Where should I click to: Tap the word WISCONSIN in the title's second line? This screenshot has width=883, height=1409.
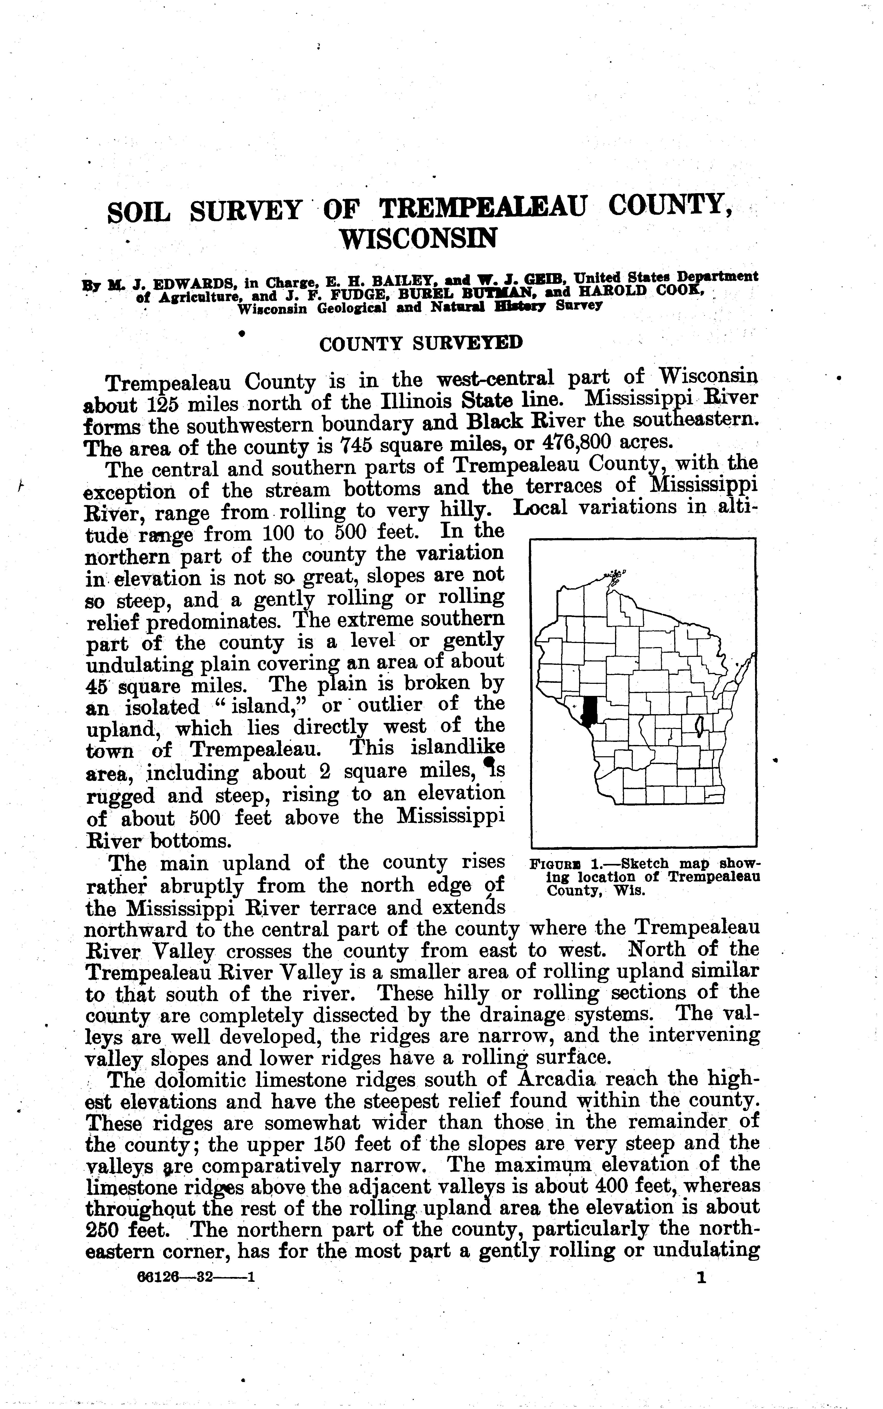pyautogui.click(x=419, y=238)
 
